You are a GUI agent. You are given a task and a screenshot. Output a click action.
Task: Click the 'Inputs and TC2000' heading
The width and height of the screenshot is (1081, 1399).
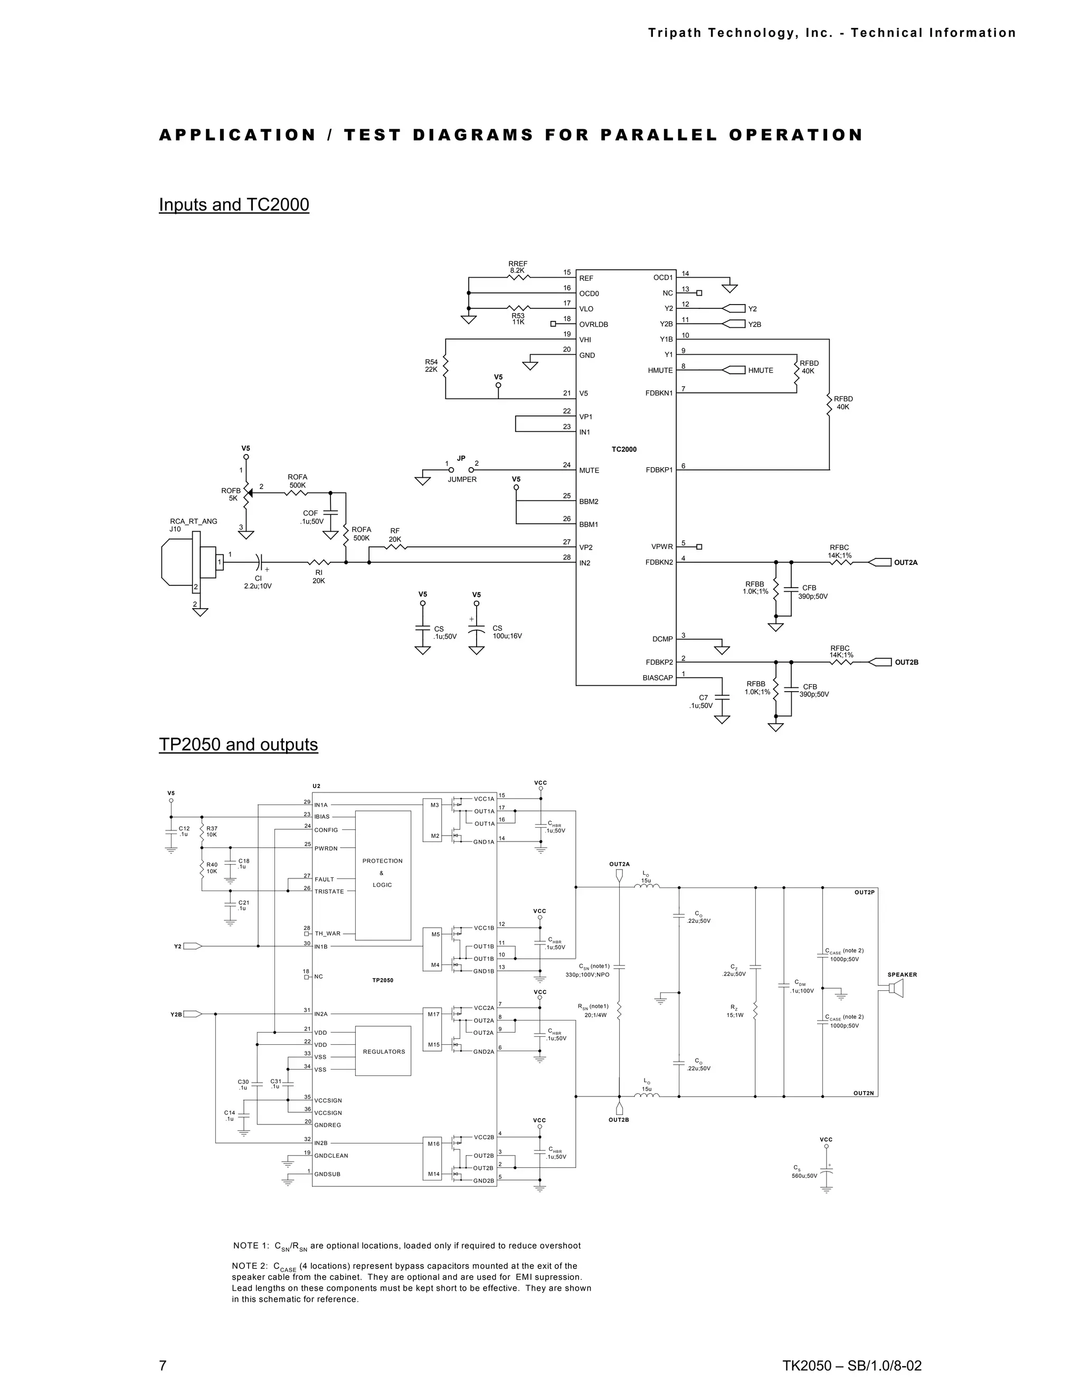pos(234,205)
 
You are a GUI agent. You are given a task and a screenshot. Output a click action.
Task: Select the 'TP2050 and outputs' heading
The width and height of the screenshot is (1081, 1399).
pos(238,744)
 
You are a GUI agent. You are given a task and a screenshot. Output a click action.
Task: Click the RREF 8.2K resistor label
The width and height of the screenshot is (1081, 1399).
pos(517,267)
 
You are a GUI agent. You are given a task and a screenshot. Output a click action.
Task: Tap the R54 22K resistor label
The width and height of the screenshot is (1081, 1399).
pos(431,366)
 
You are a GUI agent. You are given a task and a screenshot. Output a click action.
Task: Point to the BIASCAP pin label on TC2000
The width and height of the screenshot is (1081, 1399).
pos(658,678)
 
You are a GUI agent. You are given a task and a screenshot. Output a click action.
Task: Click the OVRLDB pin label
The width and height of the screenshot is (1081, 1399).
pos(594,324)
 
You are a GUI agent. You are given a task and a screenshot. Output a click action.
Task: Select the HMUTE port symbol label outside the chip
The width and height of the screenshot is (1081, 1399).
pos(760,370)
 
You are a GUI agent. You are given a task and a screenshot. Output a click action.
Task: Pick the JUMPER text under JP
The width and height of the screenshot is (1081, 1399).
pos(462,479)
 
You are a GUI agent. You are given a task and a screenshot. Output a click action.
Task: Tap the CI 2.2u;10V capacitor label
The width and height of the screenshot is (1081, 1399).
pos(258,582)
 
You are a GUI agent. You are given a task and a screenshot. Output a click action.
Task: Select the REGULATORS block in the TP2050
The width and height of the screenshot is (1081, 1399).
pos(383,1051)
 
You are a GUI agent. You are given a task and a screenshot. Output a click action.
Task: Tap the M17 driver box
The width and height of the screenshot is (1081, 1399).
pos(432,1014)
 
